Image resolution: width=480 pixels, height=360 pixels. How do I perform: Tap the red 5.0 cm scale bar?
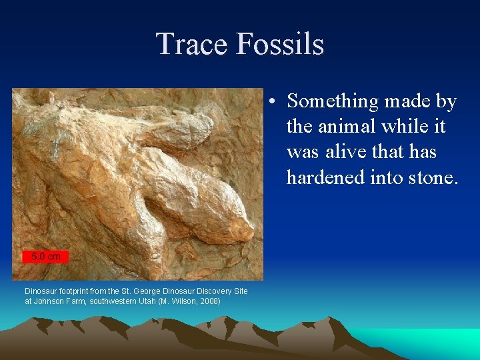(45, 256)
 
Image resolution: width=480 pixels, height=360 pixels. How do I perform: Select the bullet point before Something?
(274, 102)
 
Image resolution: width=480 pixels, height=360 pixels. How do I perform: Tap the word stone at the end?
(433, 177)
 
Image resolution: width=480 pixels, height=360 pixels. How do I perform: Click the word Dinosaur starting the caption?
(41, 291)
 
